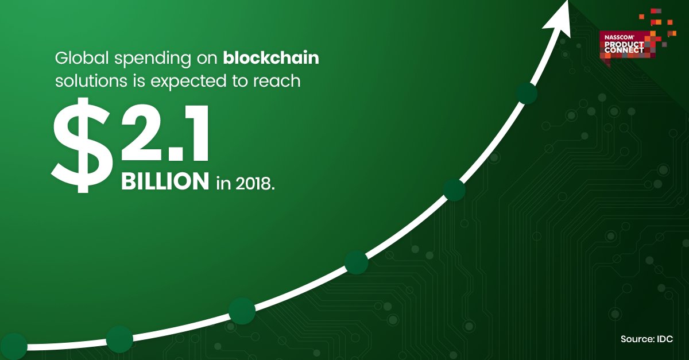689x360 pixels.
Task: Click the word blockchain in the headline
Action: coord(271,59)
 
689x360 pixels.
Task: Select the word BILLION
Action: coord(164,182)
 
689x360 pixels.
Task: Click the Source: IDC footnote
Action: coord(647,339)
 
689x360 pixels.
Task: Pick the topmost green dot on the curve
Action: coord(527,93)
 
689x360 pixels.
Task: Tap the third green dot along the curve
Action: coord(242,311)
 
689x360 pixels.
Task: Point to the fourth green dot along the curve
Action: coord(356,262)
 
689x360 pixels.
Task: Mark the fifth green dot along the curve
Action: coord(454,189)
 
